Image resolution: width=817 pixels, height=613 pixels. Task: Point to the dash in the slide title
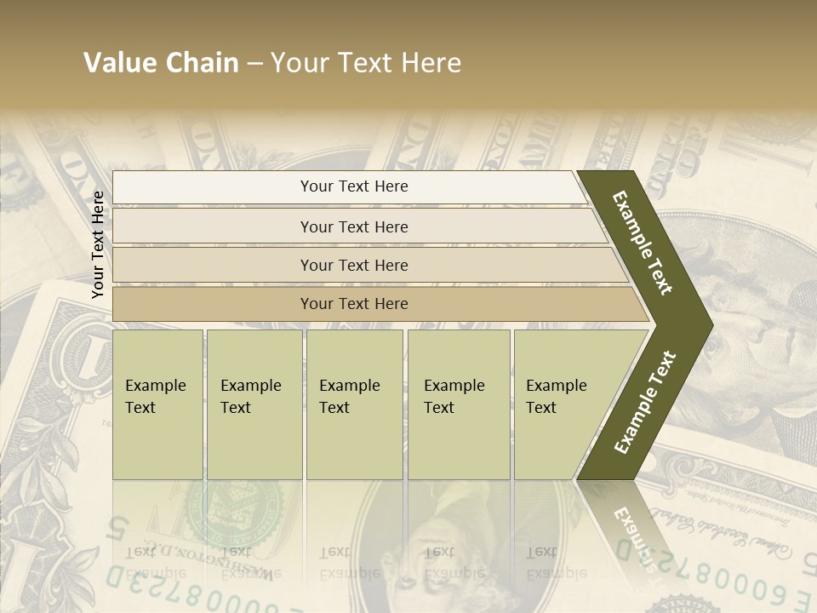254,64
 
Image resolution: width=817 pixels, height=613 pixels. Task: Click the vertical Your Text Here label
98,245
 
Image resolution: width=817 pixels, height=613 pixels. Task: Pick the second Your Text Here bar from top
354,226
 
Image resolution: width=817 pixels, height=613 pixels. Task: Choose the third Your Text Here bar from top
354,265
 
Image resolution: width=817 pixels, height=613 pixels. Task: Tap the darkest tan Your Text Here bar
354,304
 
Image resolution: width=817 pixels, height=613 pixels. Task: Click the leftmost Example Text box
157,404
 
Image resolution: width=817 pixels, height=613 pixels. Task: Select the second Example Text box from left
254,404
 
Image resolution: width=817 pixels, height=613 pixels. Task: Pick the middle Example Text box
354,404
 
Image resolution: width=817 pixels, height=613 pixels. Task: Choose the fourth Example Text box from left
458,404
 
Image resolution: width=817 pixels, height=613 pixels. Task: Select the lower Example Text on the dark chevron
645,402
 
